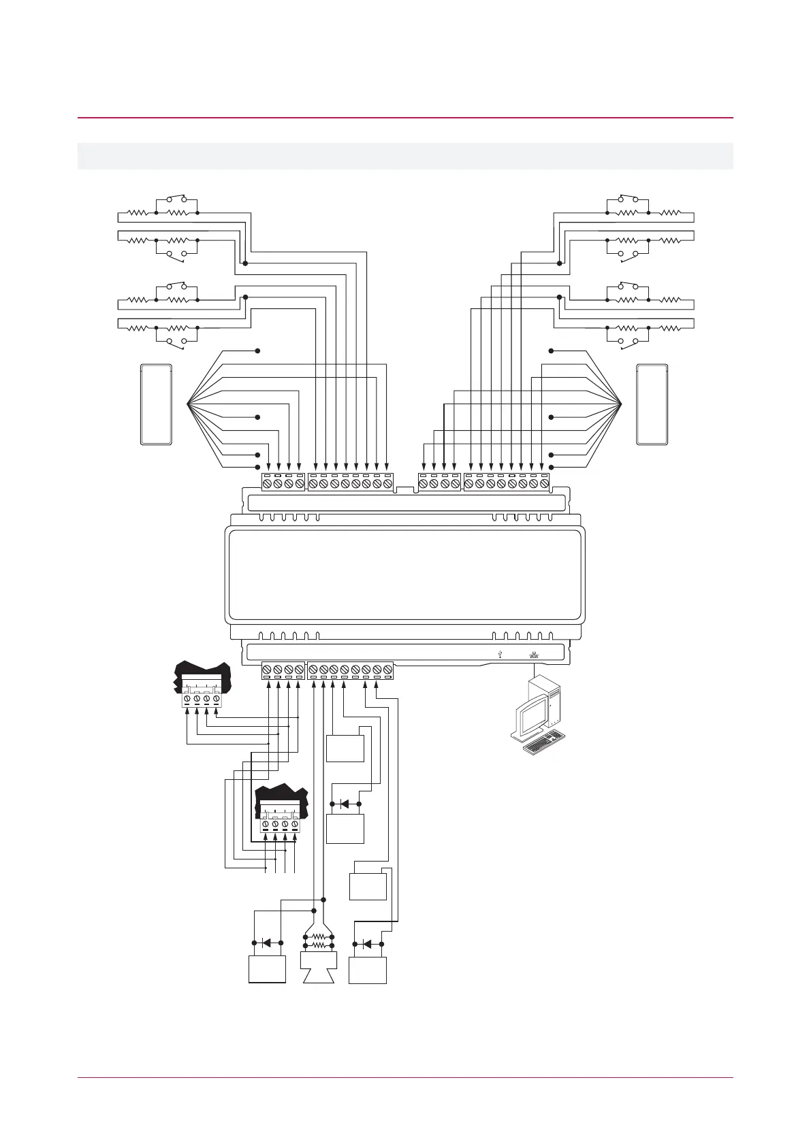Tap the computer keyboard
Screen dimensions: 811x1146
point(545,743)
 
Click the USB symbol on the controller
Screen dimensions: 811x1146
point(500,654)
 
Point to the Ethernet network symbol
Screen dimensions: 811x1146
point(532,654)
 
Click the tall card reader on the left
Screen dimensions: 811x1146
point(156,404)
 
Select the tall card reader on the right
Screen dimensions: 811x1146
point(652,404)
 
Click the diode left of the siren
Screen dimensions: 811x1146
point(266,943)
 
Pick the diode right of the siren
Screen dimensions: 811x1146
point(368,944)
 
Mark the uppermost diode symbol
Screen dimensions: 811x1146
point(345,804)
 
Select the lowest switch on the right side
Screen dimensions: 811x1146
point(627,341)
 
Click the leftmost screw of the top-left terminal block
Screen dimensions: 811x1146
point(268,484)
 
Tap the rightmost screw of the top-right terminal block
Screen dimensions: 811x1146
point(544,484)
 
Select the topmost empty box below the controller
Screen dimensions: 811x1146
point(345,749)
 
